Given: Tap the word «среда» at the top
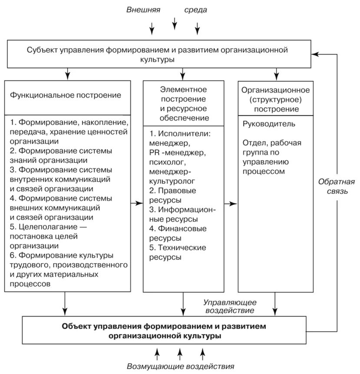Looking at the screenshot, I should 195,10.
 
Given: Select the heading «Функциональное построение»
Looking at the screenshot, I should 66,94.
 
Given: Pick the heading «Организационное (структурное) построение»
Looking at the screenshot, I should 275,99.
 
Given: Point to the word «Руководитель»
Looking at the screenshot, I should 269,124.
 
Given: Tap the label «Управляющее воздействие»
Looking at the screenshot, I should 231,306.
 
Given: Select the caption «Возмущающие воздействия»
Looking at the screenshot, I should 181,366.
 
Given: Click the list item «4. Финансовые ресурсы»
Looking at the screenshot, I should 178,233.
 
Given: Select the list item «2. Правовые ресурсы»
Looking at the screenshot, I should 172,195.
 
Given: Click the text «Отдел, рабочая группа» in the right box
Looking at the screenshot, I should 271,148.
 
